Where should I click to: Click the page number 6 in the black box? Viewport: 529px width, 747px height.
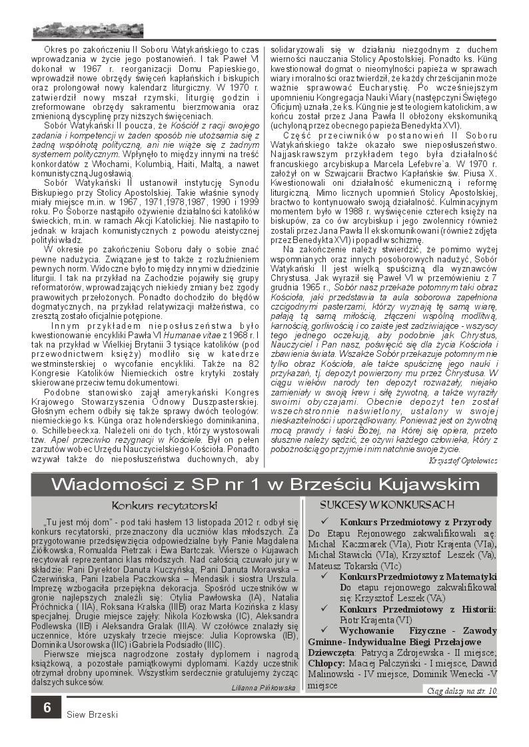pyautogui.click(x=47, y=707)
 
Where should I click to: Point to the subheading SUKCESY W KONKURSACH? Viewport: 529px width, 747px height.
pyautogui.click(x=387, y=504)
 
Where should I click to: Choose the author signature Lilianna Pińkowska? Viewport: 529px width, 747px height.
pyautogui.click(x=264, y=687)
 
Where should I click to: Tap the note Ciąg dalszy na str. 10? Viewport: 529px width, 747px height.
pyautogui.click(x=462, y=690)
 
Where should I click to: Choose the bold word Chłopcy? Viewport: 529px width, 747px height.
pyautogui.click(x=326, y=662)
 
